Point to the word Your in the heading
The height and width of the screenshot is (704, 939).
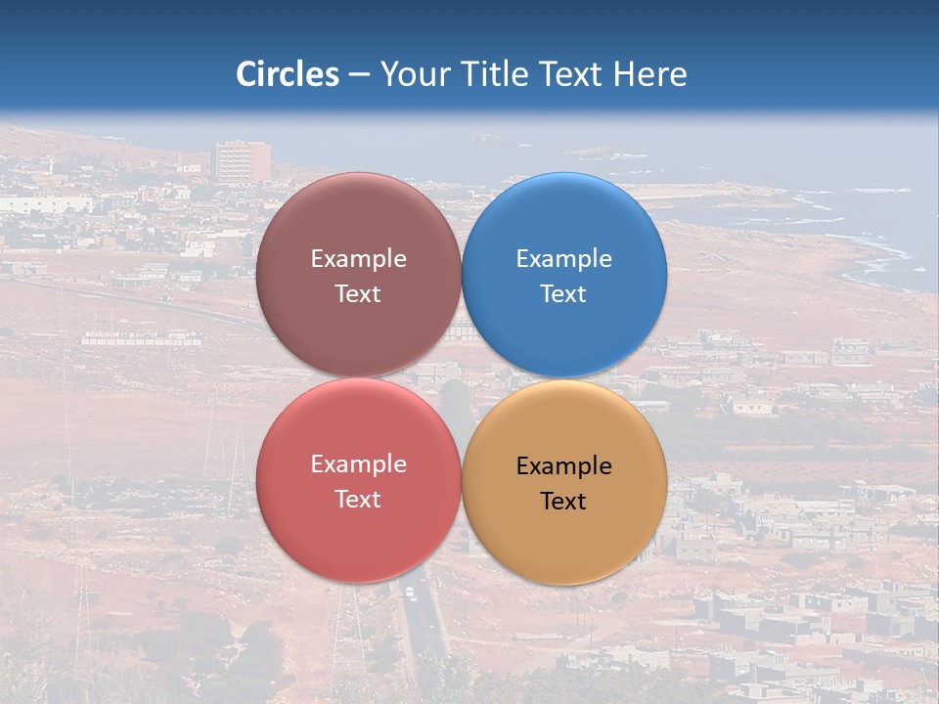click(415, 74)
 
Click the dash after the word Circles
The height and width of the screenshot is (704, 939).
click(358, 75)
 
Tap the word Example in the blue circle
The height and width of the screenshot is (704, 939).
click(564, 259)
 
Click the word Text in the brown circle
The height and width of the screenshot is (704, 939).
click(358, 293)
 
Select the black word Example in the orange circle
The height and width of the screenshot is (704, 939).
click(564, 466)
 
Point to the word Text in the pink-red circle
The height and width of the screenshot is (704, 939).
click(358, 499)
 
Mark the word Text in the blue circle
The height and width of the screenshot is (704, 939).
click(563, 293)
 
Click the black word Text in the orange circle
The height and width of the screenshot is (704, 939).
click(563, 501)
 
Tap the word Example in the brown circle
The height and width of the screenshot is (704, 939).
click(358, 259)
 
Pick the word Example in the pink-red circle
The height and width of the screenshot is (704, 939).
click(358, 464)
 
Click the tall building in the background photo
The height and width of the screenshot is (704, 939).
click(242, 161)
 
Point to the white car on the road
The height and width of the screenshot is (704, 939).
click(410, 593)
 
